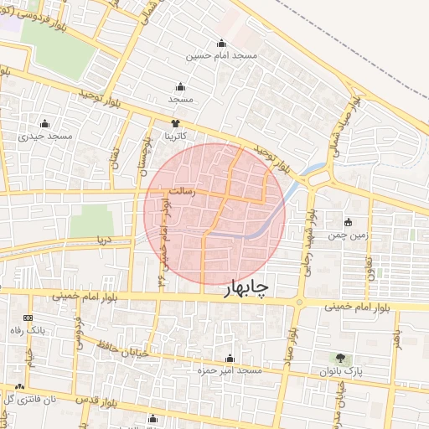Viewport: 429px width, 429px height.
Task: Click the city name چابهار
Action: [248, 288]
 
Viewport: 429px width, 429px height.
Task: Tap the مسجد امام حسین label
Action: [222, 55]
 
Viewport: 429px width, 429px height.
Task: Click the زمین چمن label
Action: [349, 236]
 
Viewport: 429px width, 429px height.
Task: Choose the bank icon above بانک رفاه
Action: [28, 318]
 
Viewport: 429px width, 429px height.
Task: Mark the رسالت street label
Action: [181, 191]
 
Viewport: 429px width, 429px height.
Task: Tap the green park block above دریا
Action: [90, 220]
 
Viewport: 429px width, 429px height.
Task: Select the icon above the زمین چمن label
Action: [349, 223]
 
